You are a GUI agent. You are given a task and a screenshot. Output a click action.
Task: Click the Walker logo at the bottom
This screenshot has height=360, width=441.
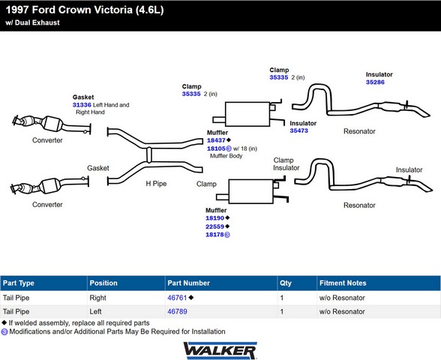click(220, 350)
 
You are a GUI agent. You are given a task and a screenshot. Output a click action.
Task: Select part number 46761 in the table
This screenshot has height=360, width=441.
click(177, 298)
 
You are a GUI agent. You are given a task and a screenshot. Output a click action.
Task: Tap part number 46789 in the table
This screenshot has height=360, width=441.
click(177, 311)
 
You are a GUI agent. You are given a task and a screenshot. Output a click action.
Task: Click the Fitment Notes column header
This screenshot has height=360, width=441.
click(343, 283)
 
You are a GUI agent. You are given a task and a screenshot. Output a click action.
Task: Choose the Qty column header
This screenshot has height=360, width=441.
click(286, 283)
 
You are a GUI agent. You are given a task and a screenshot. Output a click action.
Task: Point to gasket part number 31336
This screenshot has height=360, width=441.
click(82, 105)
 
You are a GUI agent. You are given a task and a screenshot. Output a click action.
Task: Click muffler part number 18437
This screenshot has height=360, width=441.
click(216, 140)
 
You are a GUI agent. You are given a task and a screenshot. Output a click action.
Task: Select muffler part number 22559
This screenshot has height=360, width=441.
click(214, 226)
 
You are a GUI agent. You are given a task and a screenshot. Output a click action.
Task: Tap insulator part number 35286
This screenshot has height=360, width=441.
click(375, 82)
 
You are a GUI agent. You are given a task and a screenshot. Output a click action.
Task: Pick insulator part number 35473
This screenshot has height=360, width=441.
click(299, 130)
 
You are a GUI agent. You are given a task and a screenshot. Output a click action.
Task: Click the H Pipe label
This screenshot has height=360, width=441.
click(156, 184)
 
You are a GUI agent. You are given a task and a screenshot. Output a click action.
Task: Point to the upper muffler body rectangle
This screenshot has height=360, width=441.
click(247, 114)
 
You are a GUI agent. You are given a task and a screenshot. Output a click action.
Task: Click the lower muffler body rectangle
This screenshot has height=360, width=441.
click(250, 191)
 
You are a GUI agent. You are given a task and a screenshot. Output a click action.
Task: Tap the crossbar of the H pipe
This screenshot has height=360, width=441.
click(149, 154)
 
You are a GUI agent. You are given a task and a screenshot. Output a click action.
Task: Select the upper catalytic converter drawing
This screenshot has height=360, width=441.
click(52, 124)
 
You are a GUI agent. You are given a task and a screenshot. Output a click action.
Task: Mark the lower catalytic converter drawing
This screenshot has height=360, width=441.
click(49, 186)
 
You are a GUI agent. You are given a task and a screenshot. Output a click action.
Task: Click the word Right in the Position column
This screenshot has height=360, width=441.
click(97, 298)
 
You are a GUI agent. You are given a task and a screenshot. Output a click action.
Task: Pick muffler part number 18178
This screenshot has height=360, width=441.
click(214, 235)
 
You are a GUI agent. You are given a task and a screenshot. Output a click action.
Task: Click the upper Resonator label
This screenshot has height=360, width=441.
click(359, 131)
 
